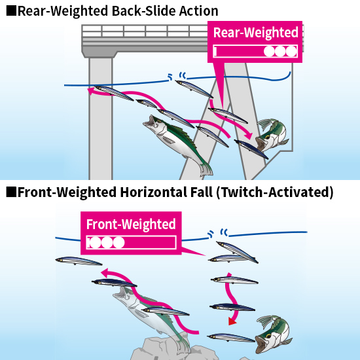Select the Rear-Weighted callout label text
click(255, 33)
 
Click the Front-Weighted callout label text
click(131, 225)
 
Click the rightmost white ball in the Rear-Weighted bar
click(291, 52)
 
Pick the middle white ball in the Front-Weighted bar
click(107, 242)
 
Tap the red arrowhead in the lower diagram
click(232, 321)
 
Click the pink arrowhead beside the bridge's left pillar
click(92, 91)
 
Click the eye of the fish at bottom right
click(268, 336)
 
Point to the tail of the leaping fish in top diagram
click(206, 170)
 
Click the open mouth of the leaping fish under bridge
click(149, 121)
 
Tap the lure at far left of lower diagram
click(79, 261)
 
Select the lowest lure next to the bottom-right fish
click(231, 338)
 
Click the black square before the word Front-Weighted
click(11, 192)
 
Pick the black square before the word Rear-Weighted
click(11, 10)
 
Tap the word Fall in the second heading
click(202, 192)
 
